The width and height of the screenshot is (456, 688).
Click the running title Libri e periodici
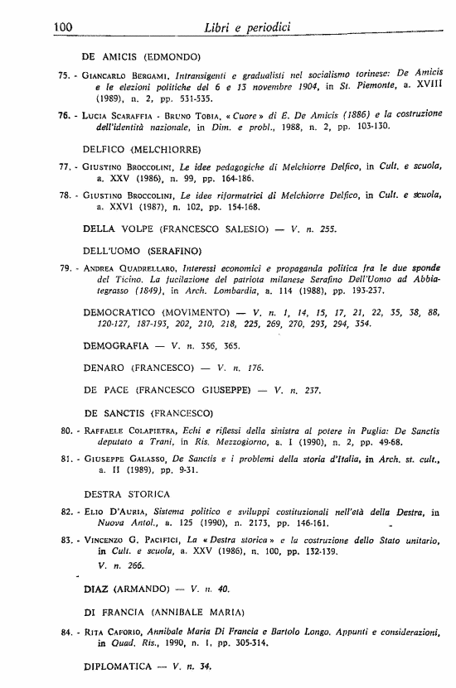click(246, 29)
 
